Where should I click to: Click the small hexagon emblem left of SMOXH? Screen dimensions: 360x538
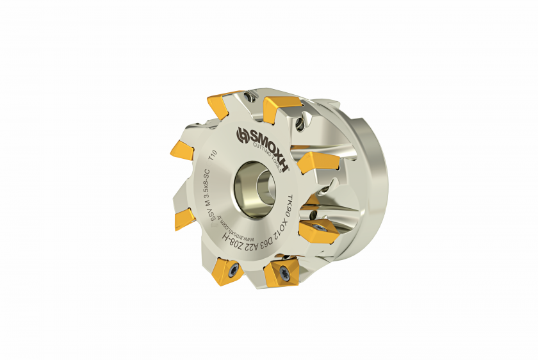[242, 135]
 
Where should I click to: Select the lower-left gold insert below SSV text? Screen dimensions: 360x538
[184, 216]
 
